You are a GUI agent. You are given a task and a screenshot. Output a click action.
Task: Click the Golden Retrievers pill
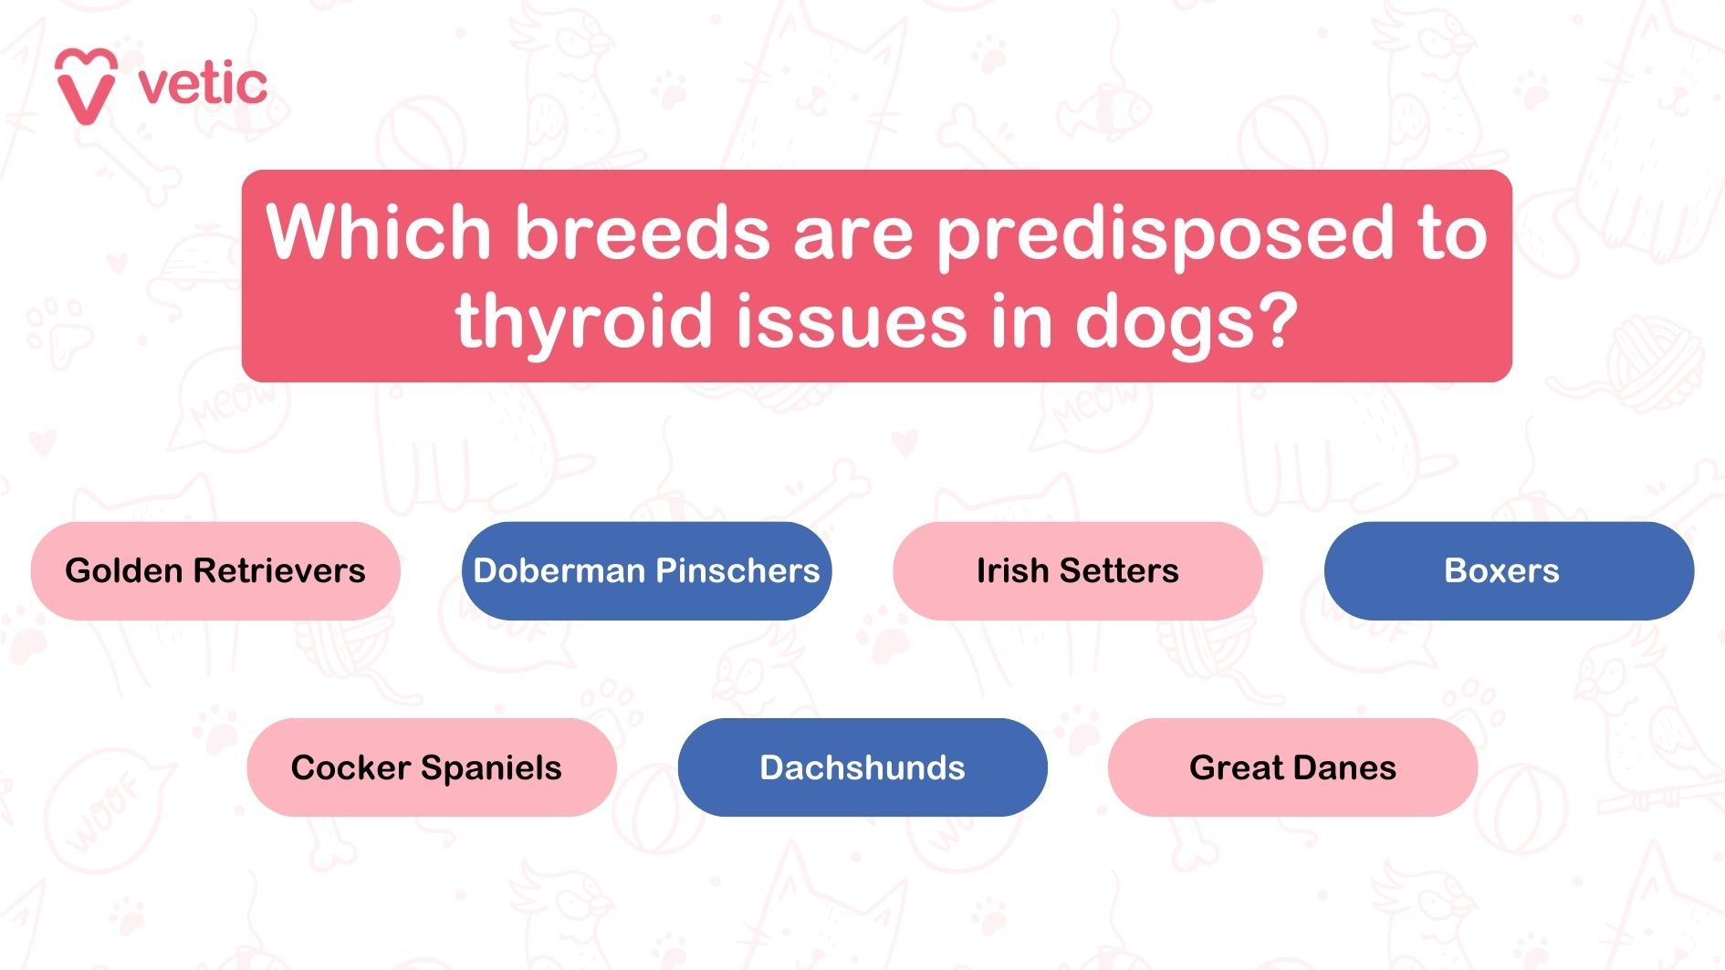pyautogui.click(x=215, y=571)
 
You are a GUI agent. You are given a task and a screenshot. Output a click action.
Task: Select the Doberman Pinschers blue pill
pyautogui.click(x=646, y=571)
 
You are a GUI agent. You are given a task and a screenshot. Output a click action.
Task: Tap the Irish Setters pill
pyautogui.click(x=1077, y=571)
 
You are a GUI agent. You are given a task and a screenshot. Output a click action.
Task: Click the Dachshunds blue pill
pyautogui.click(x=862, y=767)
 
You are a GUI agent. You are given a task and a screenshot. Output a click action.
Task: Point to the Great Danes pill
pyautogui.click(x=1292, y=767)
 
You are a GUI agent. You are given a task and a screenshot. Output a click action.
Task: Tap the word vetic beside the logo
pyautogui.click(x=203, y=84)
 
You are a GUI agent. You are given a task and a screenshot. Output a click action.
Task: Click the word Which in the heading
pyautogui.click(x=378, y=232)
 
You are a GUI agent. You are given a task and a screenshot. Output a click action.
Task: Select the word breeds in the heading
pyautogui.click(x=643, y=232)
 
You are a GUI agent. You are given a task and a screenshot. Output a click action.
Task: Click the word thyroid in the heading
pyautogui.click(x=583, y=321)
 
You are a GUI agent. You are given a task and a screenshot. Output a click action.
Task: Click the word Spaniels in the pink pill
pyautogui.click(x=491, y=768)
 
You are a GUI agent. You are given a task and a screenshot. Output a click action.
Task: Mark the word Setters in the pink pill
pyautogui.click(x=1119, y=571)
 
